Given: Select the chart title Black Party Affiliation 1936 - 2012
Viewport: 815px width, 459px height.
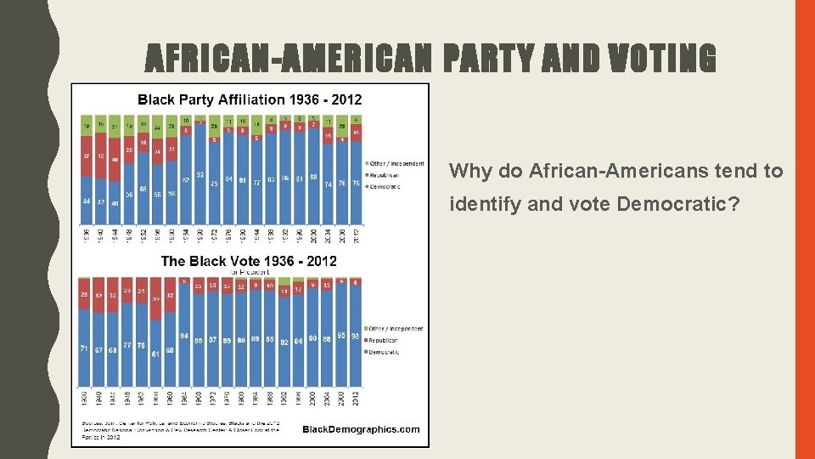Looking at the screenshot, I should pos(250,99).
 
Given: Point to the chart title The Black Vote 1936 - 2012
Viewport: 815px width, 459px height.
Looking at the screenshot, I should pos(249,261).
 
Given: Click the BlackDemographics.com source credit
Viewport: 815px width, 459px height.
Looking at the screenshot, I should pos(361,429).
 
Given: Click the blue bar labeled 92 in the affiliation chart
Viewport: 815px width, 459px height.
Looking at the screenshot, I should pos(200,195).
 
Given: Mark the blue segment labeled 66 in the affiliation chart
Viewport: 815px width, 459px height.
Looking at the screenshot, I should pos(143,204).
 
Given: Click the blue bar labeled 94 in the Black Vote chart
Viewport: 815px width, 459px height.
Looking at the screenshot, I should pos(185,357).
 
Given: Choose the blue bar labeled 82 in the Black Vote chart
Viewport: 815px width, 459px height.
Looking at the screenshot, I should pos(284,361).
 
